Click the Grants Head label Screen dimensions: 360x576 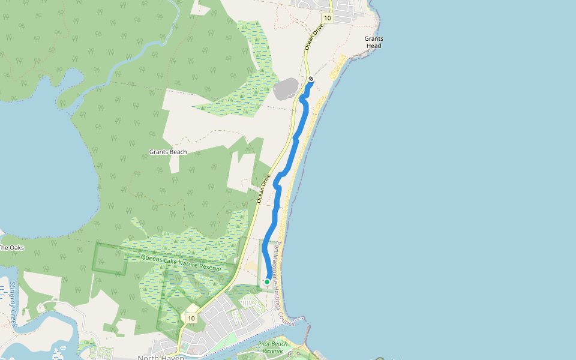[373, 42]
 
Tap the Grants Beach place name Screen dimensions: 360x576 [167, 152]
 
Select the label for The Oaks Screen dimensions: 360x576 [11, 247]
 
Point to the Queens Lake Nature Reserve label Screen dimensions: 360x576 [181, 263]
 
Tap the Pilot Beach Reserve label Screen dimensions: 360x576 [272, 347]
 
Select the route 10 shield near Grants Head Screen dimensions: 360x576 [326, 18]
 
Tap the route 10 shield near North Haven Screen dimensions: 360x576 [191, 317]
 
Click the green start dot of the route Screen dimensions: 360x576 [267, 281]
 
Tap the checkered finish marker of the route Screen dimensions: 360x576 [311, 79]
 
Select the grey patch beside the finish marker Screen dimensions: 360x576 [285, 89]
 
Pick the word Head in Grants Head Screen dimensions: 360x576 [373, 46]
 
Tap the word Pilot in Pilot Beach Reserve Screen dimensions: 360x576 [264, 344]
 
